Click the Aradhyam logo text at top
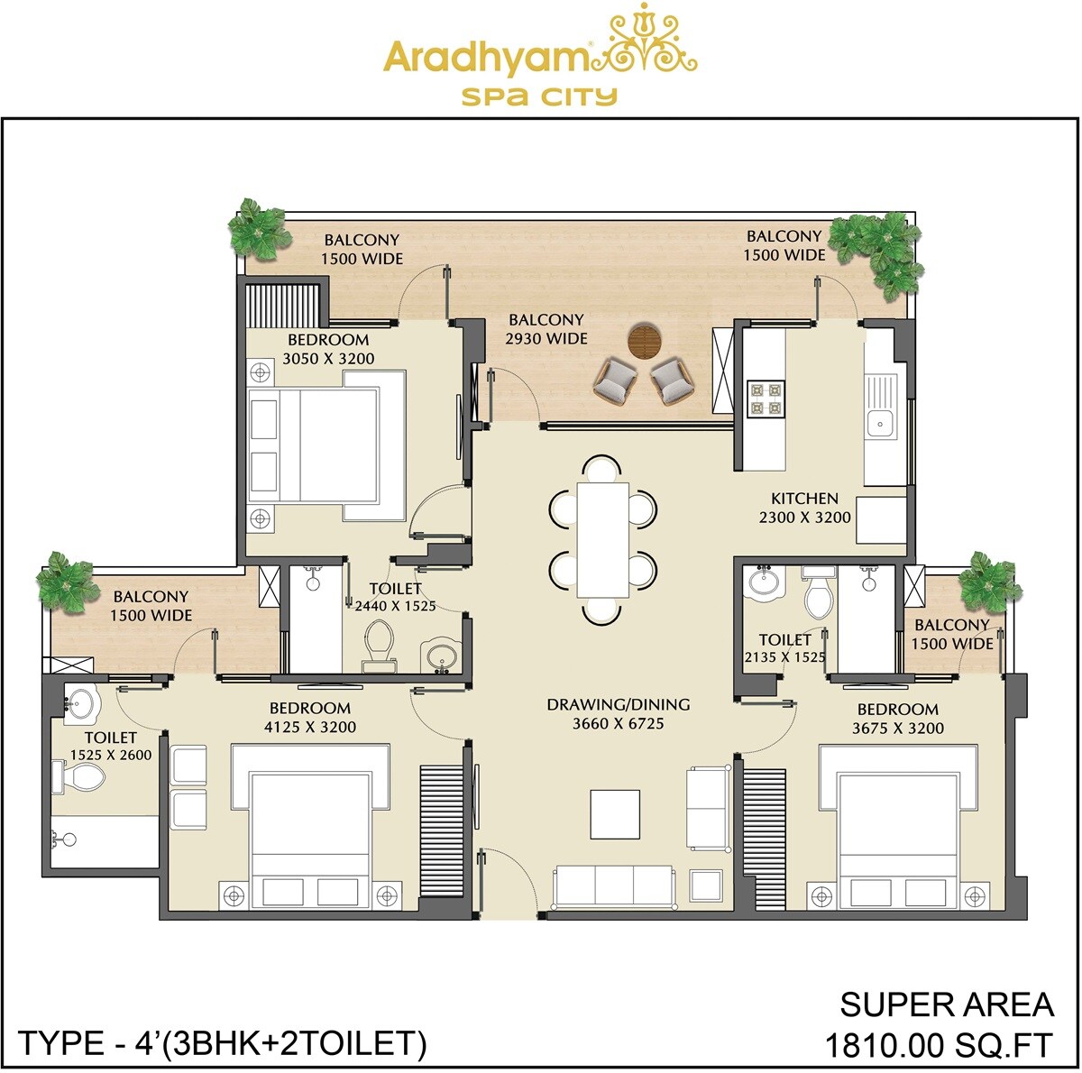(x=487, y=57)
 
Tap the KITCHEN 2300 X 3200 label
(x=804, y=508)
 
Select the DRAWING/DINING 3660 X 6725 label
(x=618, y=713)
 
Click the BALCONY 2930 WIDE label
(x=546, y=329)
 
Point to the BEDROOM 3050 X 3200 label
(x=328, y=349)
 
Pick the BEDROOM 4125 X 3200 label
(x=310, y=718)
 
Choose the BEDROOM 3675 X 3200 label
(x=897, y=719)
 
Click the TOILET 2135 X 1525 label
(x=784, y=648)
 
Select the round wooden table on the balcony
(x=645, y=342)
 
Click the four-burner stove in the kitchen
(x=766, y=398)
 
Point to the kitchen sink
(x=878, y=422)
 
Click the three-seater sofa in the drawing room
(x=613, y=886)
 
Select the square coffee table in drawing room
(x=615, y=814)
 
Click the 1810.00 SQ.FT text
(x=938, y=1045)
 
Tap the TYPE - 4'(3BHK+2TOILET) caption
(x=222, y=1043)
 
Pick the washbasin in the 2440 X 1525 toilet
(x=442, y=656)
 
